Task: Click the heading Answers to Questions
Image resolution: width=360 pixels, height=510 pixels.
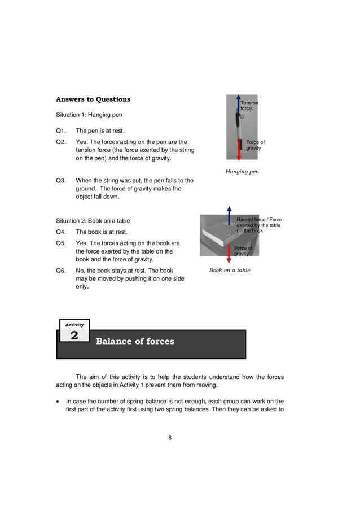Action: (93, 99)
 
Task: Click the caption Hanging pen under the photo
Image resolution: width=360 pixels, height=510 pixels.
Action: (242, 172)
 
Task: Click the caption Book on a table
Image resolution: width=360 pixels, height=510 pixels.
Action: (230, 271)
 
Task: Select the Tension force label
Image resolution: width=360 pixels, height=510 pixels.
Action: (249, 106)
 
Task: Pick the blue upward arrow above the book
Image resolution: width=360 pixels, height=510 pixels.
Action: (229, 216)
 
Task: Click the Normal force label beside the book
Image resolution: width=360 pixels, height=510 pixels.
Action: (259, 225)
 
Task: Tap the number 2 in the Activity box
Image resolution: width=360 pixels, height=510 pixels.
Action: (74, 336)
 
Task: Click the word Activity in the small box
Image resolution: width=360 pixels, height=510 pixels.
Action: (74, 325)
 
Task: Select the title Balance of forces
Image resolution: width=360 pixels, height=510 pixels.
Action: (135, 341)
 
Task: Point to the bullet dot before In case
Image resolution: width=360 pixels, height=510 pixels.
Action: (59, 402)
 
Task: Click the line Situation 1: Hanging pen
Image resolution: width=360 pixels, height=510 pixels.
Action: (89, 115)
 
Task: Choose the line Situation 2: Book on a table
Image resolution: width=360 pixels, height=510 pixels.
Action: (93, 221)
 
